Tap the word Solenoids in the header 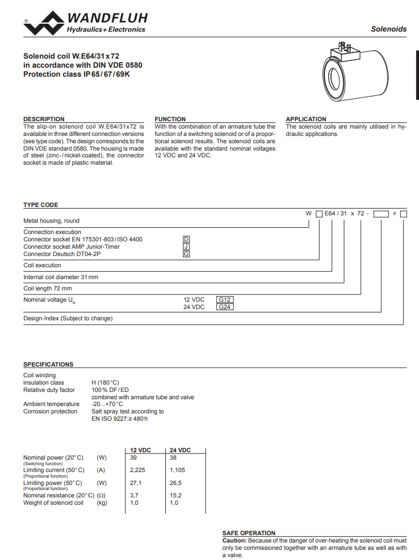pyautogui.click(x=389, y=29)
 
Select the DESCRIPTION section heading pyautogui.click(x=43, y=119)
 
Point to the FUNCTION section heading pyautogui.click(x=170, y=119)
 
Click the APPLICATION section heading pyautogui.click(x=306, y=119)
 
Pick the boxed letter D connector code pyautogui.click(x=187, y=239)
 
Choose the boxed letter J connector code pyautogui.click(x=187, y=246)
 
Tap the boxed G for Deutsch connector pyautogui.click(x=187, y=254)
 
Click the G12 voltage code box pyautogui.click(x=225, y=299)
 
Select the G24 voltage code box pyautogui.click(x=225, y=307)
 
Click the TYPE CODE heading pyautogui.click(x=41, y=205)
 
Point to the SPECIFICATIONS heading pyautogui.click(x=48, y=364)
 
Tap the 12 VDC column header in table pyautogui.click(x=140, y=450)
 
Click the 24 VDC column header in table pyautogui.click(x=180, y=450)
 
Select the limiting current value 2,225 pyautogui.click(x=138, y=470)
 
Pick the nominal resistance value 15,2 pyautogui.click(x=176, y=495)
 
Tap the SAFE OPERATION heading pyautogui.click(x=249, y=533)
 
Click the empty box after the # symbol pyautogui.click(x=403, y=214)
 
